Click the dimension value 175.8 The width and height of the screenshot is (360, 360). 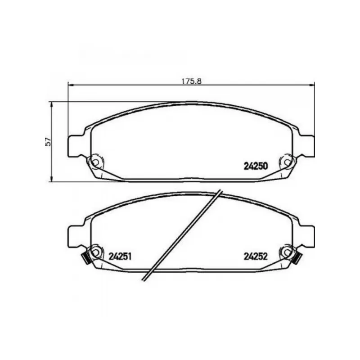pos(192,81)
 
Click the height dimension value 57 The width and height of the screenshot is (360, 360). pos(48,142)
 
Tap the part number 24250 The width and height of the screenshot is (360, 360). pos(256,166)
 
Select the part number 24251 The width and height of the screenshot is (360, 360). pos(120,256)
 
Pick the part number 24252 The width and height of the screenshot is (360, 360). pos(256,256)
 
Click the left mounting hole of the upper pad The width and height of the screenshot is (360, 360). pos(96,162)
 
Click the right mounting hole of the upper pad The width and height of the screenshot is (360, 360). pos(287,162)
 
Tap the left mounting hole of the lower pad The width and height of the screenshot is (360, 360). pos(96,252)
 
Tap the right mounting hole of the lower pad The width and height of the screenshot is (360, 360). pos(287,252)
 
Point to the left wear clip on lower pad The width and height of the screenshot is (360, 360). pos(86,259)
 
